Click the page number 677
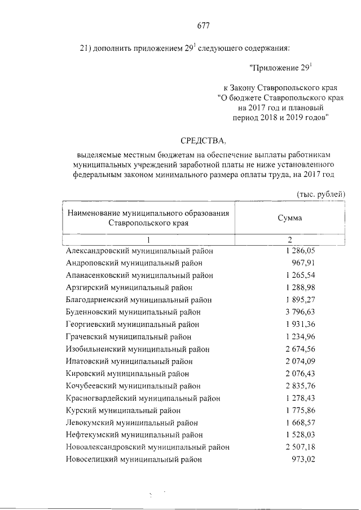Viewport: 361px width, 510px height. click(x=203, y=25)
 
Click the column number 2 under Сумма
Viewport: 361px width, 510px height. click(x=289, y=241)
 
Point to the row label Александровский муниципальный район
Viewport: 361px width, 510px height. click(x=140, y=251)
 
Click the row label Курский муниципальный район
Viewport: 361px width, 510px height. click(x=124, y=410)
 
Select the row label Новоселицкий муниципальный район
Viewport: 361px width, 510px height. click(x=134, y=459)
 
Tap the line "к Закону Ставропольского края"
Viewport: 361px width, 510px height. click(x=280, y=88)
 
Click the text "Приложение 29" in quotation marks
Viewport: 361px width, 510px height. click(x=280, y=68)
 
